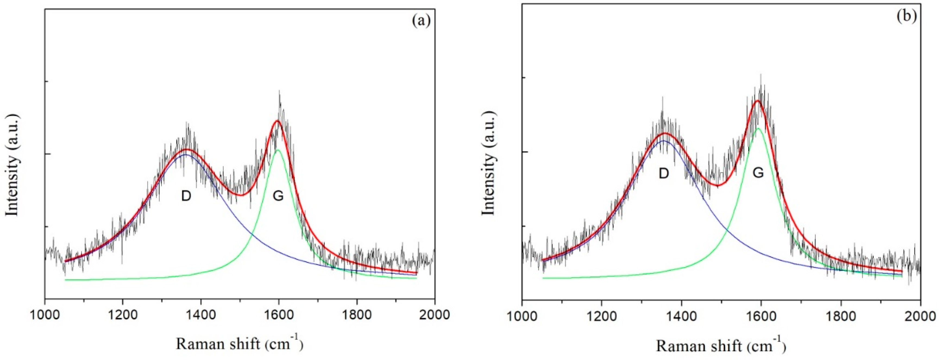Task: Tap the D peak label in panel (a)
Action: pyautogui.click(x=186, y=196)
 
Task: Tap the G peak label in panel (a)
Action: pyautogui.click(x=278, y=196)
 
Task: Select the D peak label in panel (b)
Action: pyautogui.click(x=664, y=173)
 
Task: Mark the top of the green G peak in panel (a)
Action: pyautogui.click(x=278, y=150)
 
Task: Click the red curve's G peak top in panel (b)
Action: pyautogui.click(x=757, y=101)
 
